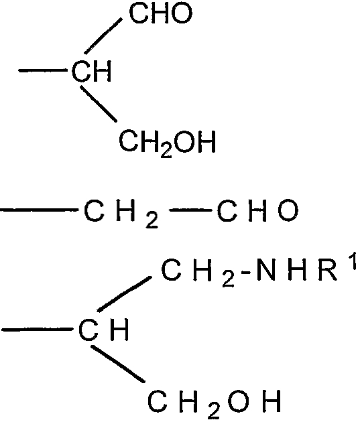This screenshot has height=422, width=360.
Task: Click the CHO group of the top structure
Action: [161, 13]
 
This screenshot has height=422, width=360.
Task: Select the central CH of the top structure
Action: [92, 71]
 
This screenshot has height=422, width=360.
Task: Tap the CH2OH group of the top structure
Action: [167, 143]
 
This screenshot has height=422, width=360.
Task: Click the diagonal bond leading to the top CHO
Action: [103, 36]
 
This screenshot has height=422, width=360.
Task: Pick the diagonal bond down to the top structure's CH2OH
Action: [99, 104]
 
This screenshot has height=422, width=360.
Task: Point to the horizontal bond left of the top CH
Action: [43, 70]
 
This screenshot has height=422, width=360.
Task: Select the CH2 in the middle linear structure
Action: [121, 214]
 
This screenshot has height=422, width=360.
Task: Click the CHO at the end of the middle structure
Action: [257, 210]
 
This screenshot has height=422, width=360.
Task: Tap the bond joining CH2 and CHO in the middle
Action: [190, 210]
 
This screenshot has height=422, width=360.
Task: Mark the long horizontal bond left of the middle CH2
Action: [40, 210]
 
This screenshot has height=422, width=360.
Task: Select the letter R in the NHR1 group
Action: [328, 270]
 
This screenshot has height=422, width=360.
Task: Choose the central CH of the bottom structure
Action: [103, 330]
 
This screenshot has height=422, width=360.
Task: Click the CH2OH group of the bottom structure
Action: [215, 403]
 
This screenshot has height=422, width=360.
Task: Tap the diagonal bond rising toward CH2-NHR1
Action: [124, 294]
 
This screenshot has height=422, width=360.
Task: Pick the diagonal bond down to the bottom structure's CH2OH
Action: [118, 364]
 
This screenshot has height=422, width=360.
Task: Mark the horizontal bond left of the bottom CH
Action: [37, 329]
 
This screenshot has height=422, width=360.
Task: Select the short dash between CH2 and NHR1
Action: [246, 273]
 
